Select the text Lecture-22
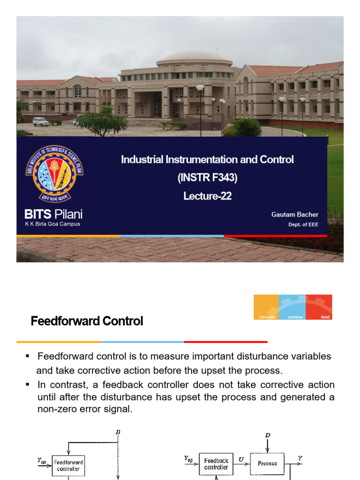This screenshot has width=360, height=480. coord(207,196)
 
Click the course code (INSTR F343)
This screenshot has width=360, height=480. coord(207,178)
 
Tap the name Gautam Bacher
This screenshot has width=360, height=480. coord(295,214)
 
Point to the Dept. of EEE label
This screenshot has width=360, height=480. coord(303,225)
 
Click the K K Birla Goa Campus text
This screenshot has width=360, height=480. coord(52,224)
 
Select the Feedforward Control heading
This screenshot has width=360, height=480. coord(87,322)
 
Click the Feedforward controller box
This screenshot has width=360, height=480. coord(68,465)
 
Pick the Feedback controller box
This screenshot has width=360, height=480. coord(216,464)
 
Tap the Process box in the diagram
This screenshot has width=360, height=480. coord(267,464)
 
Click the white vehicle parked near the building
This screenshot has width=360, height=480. coord(40,121)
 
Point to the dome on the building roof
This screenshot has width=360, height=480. coord(194,56)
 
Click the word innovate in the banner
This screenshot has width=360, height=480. coord(267,317)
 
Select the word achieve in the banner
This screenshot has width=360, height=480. coord(295,317)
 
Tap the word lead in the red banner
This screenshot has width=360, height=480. coord(325,317)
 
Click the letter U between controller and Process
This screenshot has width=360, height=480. coord(241,460)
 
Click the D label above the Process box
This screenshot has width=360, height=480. coord(268,435)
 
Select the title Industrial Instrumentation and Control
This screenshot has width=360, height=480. coord(207,160)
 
